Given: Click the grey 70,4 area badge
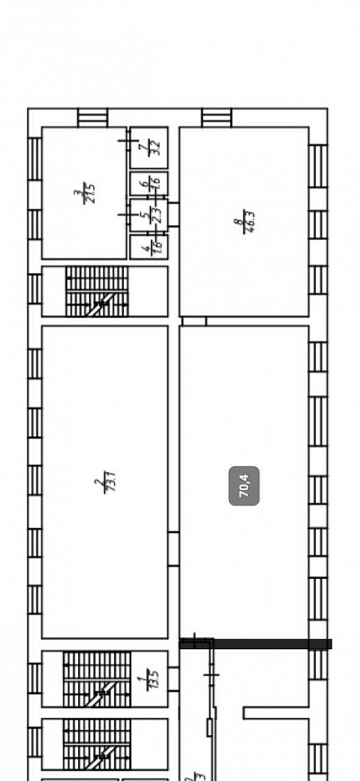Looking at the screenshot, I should point(244,486).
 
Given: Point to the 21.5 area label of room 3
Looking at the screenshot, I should point(83,192).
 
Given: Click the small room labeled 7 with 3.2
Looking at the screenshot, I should point(149,145).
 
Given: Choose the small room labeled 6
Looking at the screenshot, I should point(149,183).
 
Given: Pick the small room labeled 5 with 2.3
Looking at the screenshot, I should point(149,215).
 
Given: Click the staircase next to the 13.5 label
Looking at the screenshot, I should point(97,679).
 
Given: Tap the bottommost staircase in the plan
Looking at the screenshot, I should point(97,745).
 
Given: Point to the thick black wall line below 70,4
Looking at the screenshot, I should point(260,644).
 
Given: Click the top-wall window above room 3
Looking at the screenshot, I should point(92,118).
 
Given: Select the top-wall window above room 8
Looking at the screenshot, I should point(216,118).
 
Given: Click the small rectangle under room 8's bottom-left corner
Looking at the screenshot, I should point(194,321).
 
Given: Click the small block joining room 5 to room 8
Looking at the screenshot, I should point(173,214).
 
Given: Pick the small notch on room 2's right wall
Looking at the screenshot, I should point(173,548).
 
